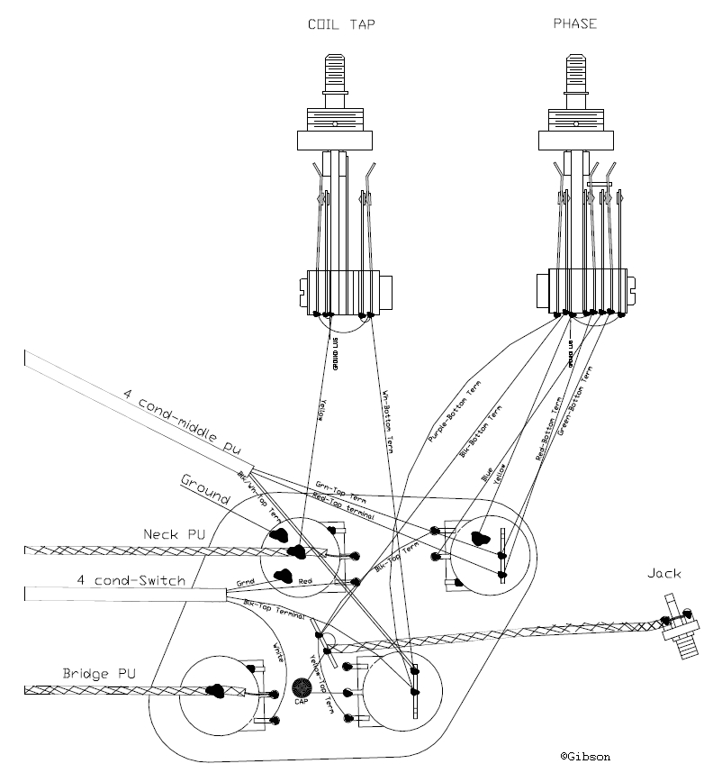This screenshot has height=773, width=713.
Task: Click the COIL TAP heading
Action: pyautogui.click(x=334, y=24)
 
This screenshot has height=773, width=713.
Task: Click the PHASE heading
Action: pyautogui.click(x=574, y=23)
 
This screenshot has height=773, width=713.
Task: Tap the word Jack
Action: pyautogui.click(x=664, y=574)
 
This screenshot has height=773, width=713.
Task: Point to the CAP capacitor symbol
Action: pyautogui.click(x=302, y=690)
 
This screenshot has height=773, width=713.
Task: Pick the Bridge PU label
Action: pyautogui.click(x=100, y=673)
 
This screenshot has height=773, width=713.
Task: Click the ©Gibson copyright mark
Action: pyautogui.click(x=591, y=757)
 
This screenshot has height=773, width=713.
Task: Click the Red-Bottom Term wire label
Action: pyautogui.click(x=548, y=429)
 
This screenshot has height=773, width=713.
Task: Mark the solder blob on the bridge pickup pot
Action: pyautogui.click(x=216, y=692)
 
